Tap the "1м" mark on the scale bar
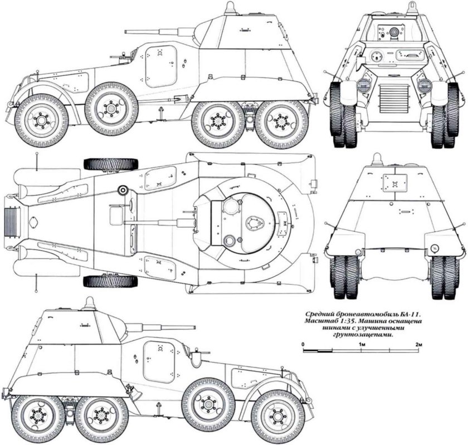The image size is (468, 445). [x=362, y=345]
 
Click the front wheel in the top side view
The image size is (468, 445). [x=42, y=120]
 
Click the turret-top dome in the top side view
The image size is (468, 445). [x=229, y=8]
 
